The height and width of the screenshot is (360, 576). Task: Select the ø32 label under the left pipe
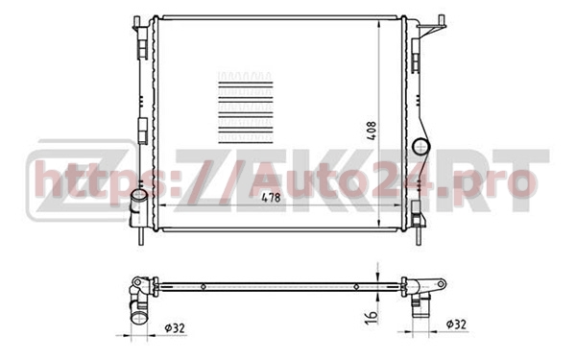pos(175,328)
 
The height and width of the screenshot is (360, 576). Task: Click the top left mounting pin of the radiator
pos(137,20)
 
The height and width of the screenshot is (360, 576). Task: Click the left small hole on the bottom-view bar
pos(204,285)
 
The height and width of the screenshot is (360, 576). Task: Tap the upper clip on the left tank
pos(144,48)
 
